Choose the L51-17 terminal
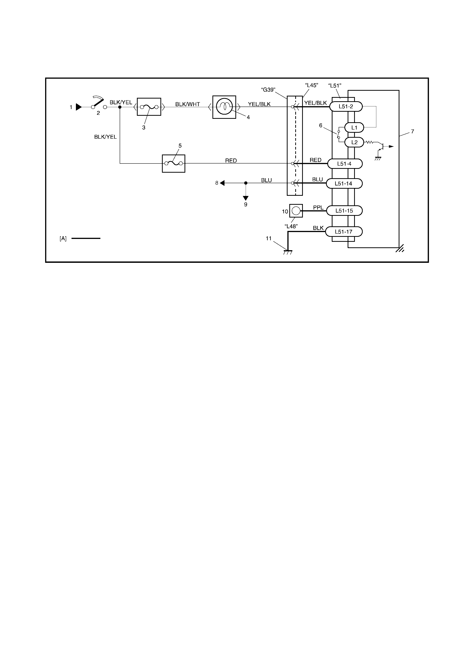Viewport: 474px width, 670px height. point(344,232)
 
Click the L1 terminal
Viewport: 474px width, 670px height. point(354,128)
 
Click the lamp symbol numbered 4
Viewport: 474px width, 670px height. point(224,107)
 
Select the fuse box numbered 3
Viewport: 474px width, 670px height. point(149,107)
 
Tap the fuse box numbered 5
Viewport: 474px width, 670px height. point(173,163)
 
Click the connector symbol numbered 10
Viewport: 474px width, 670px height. point(296,211)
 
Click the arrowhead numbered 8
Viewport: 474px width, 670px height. point(222,183)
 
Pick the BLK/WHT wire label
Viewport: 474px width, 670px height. point(188,104)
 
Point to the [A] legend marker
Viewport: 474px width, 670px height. point(63,238)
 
